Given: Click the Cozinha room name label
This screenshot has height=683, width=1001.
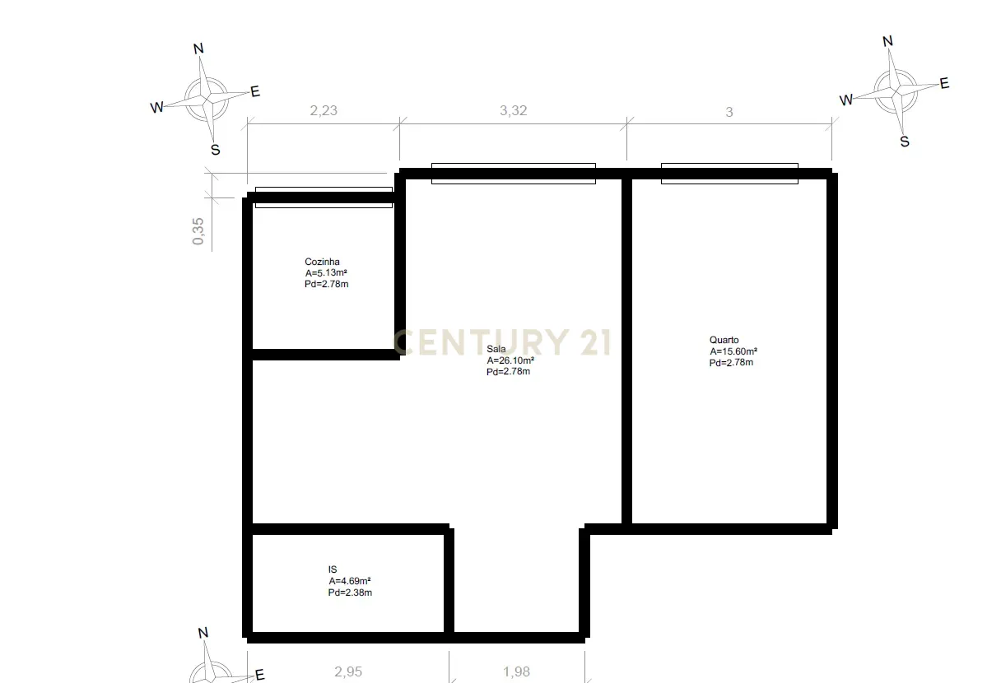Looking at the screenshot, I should (322, 262).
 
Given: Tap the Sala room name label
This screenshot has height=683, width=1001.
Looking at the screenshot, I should (496, 349).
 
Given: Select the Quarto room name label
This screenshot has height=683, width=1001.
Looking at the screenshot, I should (724, 340).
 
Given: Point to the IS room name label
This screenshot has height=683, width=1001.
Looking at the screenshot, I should (333, 569).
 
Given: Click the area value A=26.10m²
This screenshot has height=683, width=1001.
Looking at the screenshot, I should (510, 360).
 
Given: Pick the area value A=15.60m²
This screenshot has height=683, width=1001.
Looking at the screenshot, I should (733, 351).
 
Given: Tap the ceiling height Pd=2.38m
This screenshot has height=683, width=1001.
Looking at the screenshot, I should (350, 592).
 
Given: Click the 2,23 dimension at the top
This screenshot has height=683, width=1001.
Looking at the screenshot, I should (324, 111).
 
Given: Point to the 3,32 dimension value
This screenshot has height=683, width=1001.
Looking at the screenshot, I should (513, 111).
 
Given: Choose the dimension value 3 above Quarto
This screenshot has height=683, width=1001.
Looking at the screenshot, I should (729, 112).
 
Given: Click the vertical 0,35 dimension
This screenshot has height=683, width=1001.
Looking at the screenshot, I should (198, 230).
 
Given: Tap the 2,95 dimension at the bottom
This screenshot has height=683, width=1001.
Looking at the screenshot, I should (348, 671).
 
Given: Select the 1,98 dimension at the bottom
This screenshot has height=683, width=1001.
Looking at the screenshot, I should (516, 671).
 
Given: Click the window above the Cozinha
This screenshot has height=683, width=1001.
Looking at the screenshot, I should (324, 197).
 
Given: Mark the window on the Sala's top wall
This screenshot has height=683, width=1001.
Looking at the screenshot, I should (513, 173).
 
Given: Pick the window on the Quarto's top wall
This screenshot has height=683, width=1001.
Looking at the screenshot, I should (729, 173).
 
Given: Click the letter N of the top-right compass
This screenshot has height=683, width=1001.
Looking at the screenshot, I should (887, 41).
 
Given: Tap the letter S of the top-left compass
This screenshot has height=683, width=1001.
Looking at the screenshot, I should (215, 150).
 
